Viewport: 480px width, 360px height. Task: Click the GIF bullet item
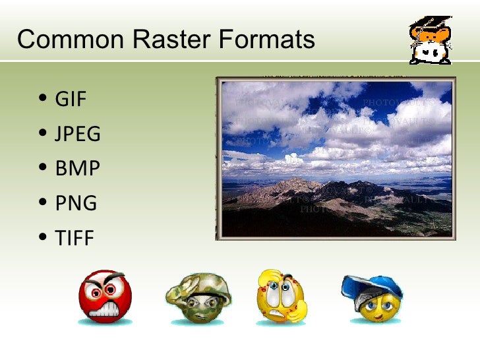coord(71,100)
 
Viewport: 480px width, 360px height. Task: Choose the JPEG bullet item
coord(77,135)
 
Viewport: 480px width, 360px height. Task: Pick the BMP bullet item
coord(77,169)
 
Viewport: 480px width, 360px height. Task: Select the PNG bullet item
coord(76,203)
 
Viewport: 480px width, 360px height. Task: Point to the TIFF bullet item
coord(75,238)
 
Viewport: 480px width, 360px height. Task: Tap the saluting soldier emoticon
coord(198,298)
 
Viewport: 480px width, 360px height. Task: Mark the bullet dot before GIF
coord(43,100)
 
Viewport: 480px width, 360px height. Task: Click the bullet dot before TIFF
coord(43,238)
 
